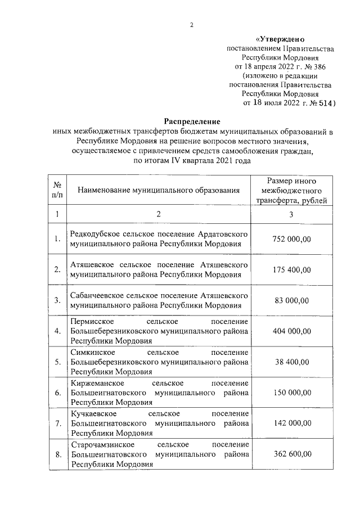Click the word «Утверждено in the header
tap(280, 39)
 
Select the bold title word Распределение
tap(192, 121)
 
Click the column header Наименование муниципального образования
tap(159, 191)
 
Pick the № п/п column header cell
tap(57, 191)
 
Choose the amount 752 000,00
tap(291, 240)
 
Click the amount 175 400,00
tap(291, 270)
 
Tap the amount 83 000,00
tap(291, 300)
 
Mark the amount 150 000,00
tap(291, 393)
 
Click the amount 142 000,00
tap(291, 424)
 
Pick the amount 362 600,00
tap(291, 454)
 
